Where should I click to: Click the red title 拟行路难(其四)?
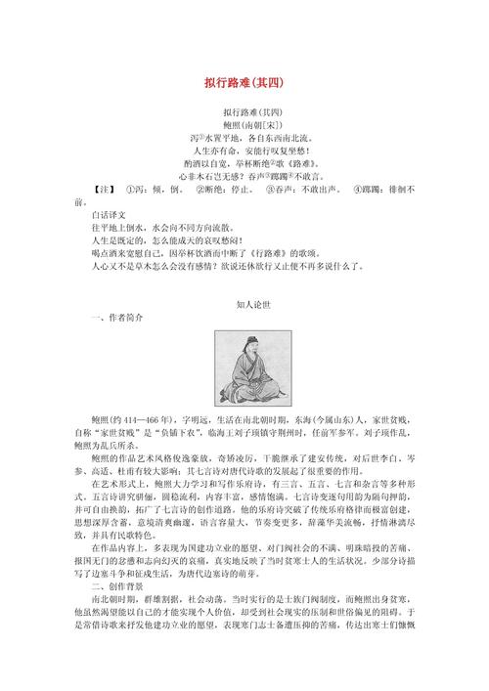244,82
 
